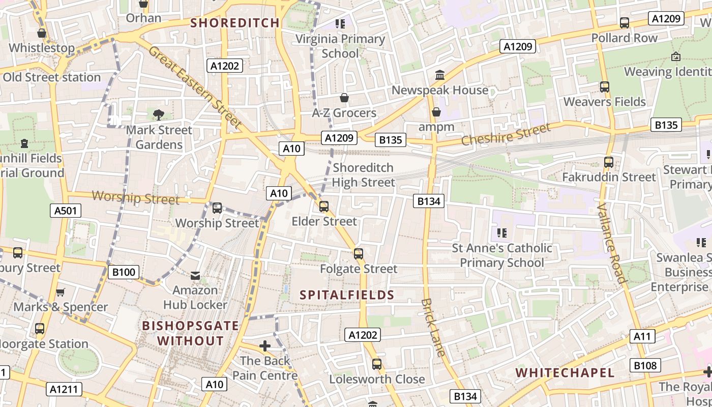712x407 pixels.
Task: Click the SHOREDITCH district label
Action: coord(235,23)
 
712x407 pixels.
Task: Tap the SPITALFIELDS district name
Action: coord(347,295)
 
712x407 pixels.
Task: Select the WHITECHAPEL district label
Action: coord(565,372)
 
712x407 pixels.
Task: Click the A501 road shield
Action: coord(66,211)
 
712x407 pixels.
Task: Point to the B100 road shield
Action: coord(124,272)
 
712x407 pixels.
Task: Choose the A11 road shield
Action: coord(642,336)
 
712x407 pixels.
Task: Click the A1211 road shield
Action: coord(65,390)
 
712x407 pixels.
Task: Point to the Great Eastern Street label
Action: coord(195,87)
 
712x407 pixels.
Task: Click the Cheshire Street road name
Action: coord(506,134)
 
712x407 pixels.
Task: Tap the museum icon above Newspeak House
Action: coord(440,76)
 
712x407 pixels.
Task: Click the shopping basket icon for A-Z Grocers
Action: coord(344,98)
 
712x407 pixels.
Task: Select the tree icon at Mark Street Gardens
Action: coord(159,114)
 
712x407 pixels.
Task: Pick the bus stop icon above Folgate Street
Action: coord(359,254)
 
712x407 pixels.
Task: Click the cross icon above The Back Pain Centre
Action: coord(264,346)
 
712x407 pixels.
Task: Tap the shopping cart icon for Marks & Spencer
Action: coord(61,292)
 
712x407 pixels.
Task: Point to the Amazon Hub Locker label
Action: coord(195,298)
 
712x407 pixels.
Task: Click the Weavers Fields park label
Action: coord(604,102)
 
